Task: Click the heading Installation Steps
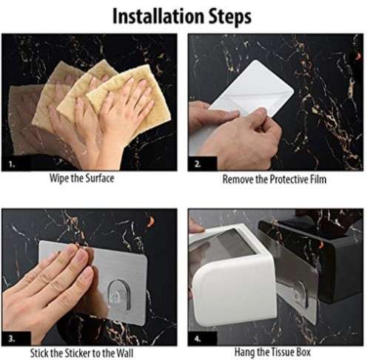coord(182,15)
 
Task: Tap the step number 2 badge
coord(198,165)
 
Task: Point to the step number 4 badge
coord(198,339)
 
